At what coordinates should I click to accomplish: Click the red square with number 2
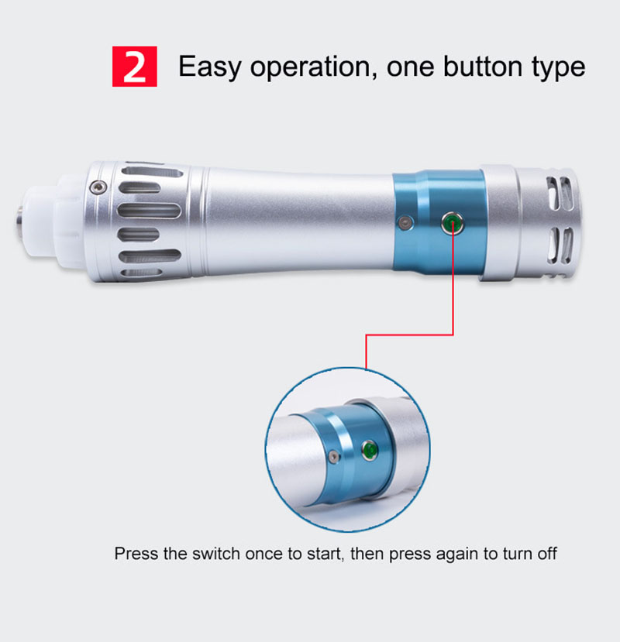[x=134, y=67]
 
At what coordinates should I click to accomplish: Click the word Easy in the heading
[x=209, y=67]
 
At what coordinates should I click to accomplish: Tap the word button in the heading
[x=483, y=66]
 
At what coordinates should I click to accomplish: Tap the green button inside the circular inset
[x=370, y=451]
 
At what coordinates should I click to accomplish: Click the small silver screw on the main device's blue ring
[x=405, y=223]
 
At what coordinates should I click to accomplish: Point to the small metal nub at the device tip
[x=19, y=223]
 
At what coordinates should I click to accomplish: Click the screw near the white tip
[x=98, y=187]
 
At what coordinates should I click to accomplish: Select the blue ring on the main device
[x=439, y=223]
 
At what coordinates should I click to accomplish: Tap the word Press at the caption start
[x=136, y=554]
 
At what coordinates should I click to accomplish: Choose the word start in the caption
[x=325, y=554]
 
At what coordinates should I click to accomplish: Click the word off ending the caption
[x=547, y=554]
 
